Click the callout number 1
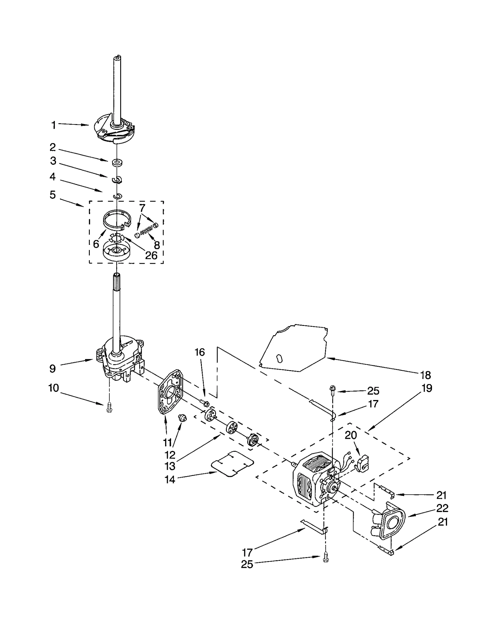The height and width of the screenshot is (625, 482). (x=54, y=125)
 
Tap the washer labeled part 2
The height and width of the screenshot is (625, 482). (x=116, y=163)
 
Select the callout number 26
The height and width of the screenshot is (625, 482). (x=151, y=255)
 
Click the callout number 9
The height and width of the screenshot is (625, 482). (x=52, y=368)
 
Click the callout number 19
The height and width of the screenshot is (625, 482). (x=427, y=388)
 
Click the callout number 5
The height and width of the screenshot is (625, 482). (x=53, y=195)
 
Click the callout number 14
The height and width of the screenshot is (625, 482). (x=170, y=480)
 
